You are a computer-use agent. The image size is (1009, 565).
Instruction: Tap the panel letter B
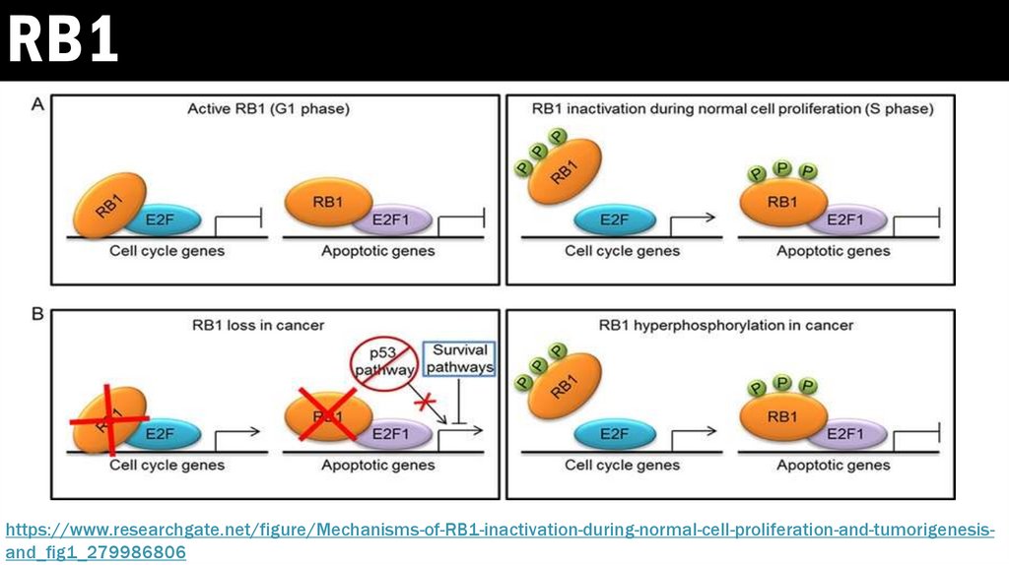37,316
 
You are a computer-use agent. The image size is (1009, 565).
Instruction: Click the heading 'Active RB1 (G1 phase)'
268,109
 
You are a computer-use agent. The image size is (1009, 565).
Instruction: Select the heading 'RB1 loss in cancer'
268,325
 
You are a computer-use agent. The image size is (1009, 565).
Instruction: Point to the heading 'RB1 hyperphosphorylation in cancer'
726,325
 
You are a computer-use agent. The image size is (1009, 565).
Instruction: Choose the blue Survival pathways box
459,360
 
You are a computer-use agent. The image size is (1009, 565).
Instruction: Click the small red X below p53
426,404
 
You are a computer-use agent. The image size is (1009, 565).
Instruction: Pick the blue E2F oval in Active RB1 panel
169,219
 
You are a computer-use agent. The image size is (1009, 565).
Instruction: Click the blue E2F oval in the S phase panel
613,219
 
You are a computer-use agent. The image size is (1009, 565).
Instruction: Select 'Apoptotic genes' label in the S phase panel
833,251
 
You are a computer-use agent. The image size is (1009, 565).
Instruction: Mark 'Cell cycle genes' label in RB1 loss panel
167,465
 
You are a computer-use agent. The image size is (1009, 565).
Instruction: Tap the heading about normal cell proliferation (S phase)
732,109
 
